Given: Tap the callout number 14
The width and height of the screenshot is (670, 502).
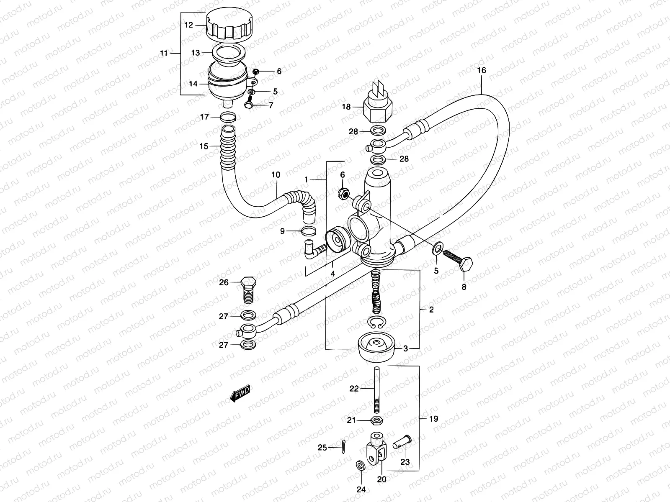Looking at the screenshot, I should tap(193, 84).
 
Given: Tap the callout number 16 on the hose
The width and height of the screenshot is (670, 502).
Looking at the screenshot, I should tap(482, 70).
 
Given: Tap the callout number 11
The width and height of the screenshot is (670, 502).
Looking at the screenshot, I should tap(164, 53).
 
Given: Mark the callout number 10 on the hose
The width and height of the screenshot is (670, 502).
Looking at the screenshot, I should tap(276, 174).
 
